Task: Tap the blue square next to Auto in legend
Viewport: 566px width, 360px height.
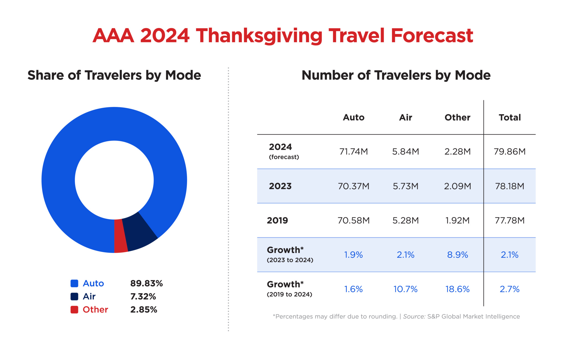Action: click(74, 283)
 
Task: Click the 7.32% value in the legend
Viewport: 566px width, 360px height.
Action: click(143, 296)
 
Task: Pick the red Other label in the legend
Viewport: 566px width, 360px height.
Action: click(95, 309)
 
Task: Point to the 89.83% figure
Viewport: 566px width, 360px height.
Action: click(146, 283)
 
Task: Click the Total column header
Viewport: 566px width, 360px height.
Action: click(509, 118)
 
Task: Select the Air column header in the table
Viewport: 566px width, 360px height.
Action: click(405, 118)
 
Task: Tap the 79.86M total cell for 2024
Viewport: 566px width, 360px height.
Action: click(509, 152)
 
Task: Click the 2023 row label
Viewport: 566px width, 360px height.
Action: click(280, 186)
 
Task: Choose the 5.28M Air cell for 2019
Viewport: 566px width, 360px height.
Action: click(405, 220)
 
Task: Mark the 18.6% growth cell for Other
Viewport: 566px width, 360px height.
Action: click(457, 289)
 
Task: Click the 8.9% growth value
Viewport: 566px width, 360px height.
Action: click(457, 255)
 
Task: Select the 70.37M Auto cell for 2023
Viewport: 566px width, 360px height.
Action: click(353, 186)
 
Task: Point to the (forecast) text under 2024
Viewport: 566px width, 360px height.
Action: click(284, 157)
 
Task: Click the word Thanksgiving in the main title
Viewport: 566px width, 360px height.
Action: click(259, 36)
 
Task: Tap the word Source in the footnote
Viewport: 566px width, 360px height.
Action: click(414, 317)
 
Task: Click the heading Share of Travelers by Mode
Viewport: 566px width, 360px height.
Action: click(114, 75)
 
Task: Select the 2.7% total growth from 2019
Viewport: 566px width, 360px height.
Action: click(509, 289)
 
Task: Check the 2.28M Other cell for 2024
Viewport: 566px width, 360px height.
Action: click(457, 152)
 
